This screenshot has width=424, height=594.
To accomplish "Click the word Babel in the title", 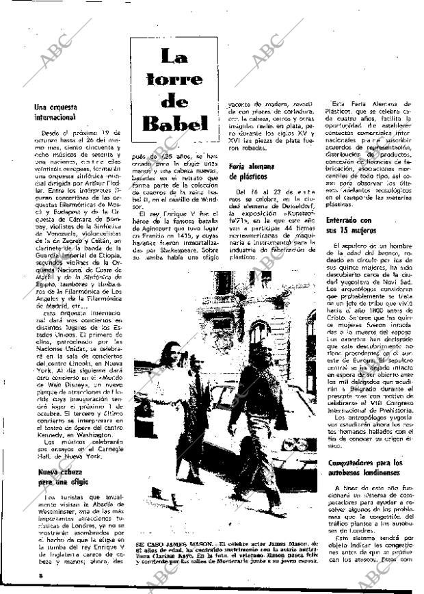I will point(174,123).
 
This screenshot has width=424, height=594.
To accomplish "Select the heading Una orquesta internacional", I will point(55,112).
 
